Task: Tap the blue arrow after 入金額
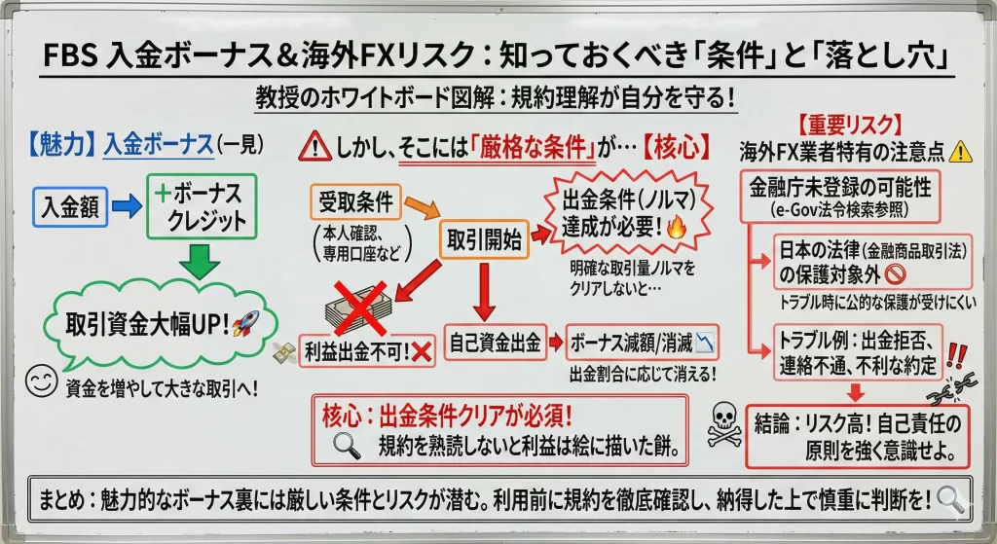[124, 206]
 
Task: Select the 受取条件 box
[355, 202]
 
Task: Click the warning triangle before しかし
[315, 147]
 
